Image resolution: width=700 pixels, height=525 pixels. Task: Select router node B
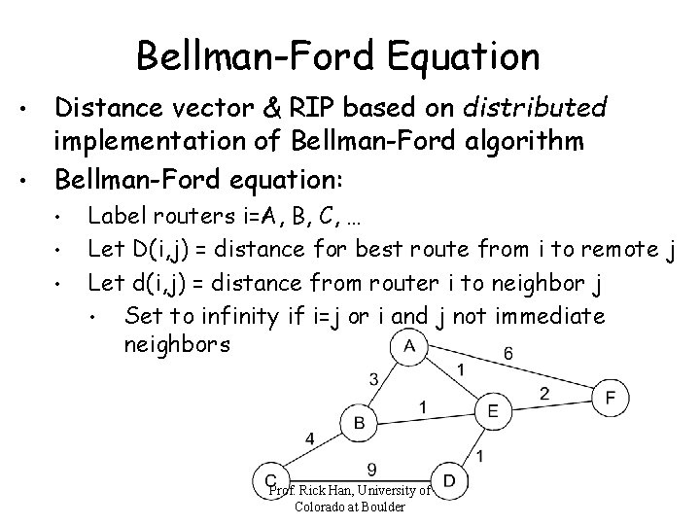pyautogui.click(x=360, y=422)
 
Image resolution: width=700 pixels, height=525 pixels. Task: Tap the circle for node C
pyautogui.click(x=271, y=479)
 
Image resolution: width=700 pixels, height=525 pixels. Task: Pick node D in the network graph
pyautogui.click(x=449, y=479)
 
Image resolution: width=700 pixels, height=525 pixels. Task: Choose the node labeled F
pyautogui.click(x=610, y=397)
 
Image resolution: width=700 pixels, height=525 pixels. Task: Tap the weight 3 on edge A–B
pyautogui.click(x=373, y=378)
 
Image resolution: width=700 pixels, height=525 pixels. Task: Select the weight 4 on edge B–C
pyautogui.click(x=309, y=439)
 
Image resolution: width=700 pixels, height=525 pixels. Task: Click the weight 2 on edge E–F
pyautogui.click(x=544, y=392)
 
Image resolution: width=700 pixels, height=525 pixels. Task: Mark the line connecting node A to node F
pyautogui.click(x=525, y=375)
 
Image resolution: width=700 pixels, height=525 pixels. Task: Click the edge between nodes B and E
pyautogui.click(x=426, y=416)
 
